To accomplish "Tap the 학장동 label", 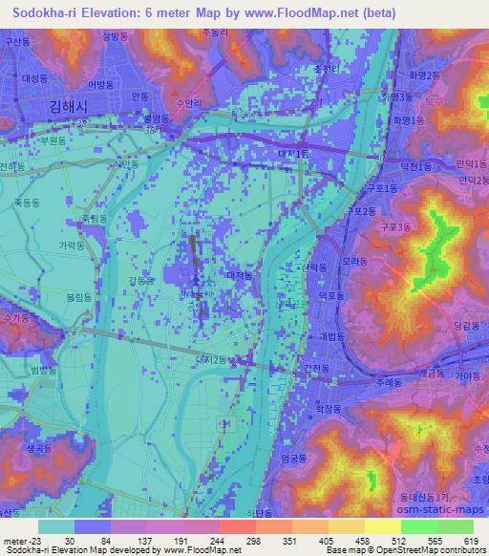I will click(328, 407).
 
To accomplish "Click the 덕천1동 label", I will click(416, 164).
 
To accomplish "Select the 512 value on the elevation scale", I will click(400, 540).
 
